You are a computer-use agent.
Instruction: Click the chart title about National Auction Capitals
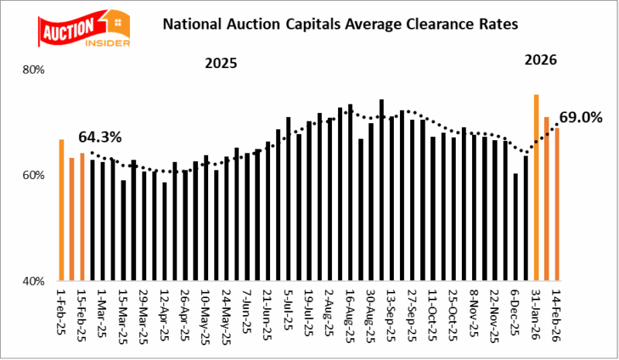click(339, 24)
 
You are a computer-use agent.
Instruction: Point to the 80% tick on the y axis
click(36, 70)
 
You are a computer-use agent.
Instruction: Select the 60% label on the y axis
click(36, 176)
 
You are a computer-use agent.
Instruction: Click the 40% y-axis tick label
click(36, 281)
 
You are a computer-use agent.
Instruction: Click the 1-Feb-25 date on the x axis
click(61, 313)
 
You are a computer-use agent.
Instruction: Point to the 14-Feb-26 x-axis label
click(556, 314)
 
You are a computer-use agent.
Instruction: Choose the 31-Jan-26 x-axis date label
click(535, 314)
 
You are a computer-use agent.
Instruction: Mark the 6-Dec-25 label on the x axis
click(515, 313)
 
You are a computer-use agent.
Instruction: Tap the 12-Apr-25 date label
click(164, 314)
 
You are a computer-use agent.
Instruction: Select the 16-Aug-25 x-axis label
click(350, 314)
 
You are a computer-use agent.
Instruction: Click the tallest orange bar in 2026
click(535, 187)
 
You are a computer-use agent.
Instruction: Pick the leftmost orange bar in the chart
click(61, 209)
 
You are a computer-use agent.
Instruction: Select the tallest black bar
click(381, 190)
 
